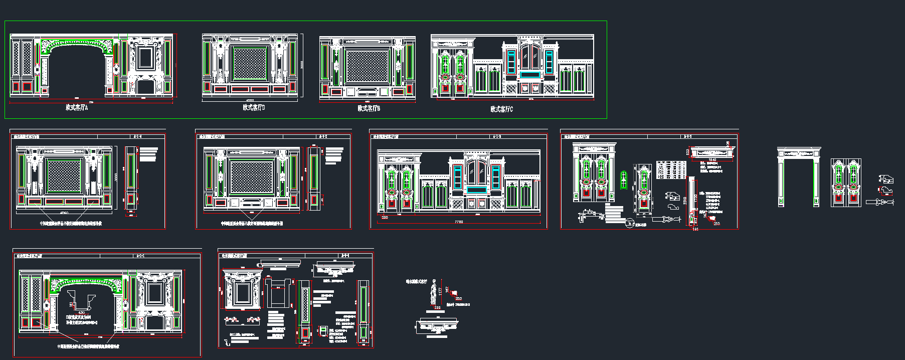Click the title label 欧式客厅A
pos(77,107)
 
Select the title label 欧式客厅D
pos(254,107)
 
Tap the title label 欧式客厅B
pos(369,108)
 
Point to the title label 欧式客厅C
pos(501,109)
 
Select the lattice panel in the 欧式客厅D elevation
pos(250,64)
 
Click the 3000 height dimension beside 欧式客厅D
pos(302,65)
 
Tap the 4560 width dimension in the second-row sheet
pos(64,213)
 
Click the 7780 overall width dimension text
pos(459,222)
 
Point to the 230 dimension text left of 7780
pos(385,218)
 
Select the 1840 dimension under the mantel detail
pos(712,160)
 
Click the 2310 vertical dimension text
pos(685,200)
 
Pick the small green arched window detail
pos(624,179)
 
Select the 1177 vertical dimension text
pos(440,290)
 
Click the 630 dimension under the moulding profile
pos(82,313)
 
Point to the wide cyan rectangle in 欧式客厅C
pos(529,75)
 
